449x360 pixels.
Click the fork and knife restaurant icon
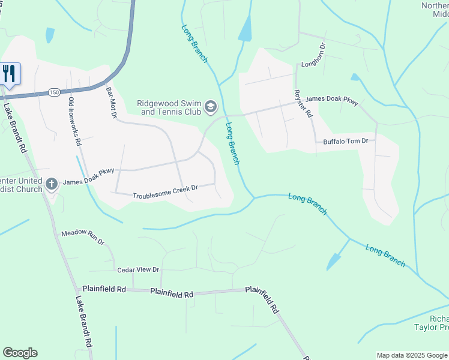(10, 73)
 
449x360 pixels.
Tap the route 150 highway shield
(55, 91)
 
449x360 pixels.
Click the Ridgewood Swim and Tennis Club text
(169, 107)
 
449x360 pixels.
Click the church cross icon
(52, 184)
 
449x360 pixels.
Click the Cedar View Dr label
(138, 270)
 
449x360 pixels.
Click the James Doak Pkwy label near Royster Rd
(332, 101)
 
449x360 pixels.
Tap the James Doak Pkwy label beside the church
(89, 179)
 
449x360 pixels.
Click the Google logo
(20, 353)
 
